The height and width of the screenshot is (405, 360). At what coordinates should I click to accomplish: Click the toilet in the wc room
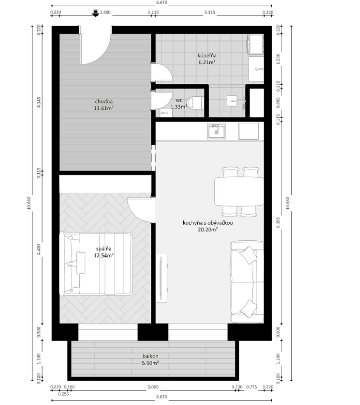point(195,103)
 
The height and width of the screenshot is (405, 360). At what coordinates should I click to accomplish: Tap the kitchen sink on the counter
point(216,131)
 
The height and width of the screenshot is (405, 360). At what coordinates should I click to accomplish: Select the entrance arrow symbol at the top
point(95,13)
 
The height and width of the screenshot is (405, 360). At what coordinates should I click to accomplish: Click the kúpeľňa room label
point(207,55)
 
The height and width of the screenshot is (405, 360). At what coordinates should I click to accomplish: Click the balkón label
point(150,356)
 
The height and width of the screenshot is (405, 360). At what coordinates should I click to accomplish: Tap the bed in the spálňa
point(96,264)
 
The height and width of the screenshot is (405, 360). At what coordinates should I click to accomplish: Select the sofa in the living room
point(247,282)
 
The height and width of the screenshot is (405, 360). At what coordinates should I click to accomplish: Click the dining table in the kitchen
point(239,191)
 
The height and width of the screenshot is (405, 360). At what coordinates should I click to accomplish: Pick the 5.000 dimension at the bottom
point(153,387)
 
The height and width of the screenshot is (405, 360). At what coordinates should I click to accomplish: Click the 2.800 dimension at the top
point(105,12)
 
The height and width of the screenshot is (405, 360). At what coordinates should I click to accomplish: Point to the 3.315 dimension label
point(210,12)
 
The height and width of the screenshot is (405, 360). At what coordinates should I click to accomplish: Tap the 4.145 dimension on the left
point(39,102)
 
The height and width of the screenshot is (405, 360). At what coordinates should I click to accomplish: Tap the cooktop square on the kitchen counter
point(249,131)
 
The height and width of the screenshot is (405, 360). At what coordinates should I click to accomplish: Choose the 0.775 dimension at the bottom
point(252,387)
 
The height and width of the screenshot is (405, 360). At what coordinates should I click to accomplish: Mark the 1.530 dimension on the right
point(278,59)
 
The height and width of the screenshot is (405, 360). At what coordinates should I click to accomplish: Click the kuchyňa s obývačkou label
point(208,223)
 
